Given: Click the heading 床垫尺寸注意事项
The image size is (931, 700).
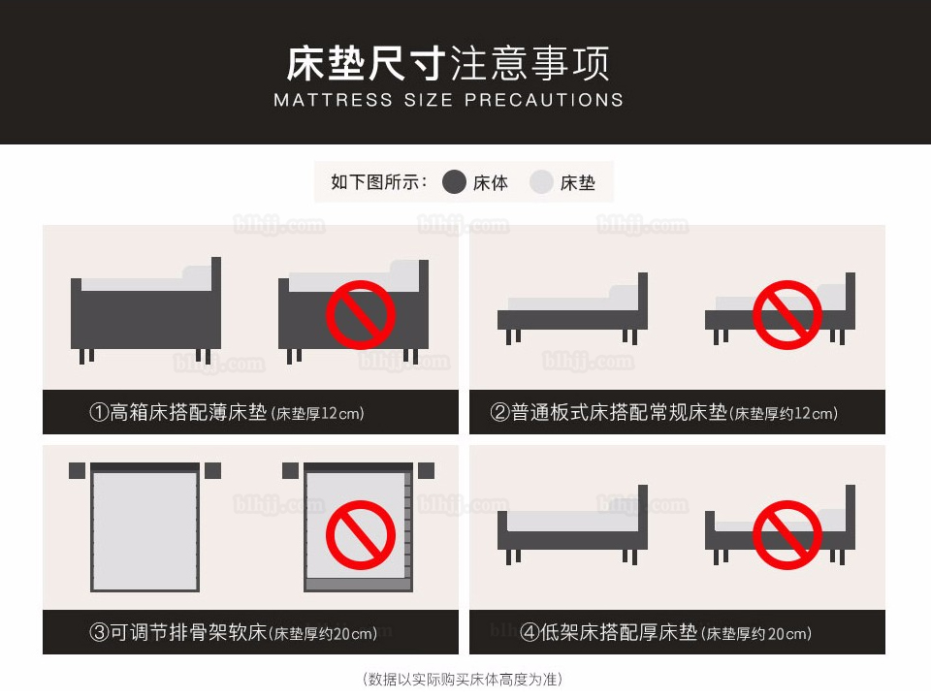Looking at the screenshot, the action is [448, 63].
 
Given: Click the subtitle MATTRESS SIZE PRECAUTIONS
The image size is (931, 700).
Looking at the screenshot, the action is [448, 100].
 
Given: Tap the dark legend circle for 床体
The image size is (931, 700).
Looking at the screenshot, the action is [454, 182].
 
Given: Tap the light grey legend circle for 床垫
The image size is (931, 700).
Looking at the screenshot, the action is [541, 182].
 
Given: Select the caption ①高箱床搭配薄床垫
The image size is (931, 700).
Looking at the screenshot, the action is [177, 412].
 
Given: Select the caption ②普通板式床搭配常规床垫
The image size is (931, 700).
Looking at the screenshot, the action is [608, 412].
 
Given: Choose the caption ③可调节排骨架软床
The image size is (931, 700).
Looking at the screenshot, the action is [177, 632].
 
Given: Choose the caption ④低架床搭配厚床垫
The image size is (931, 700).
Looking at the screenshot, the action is [608, 632].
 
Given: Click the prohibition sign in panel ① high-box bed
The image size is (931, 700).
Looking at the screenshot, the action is [361, 315].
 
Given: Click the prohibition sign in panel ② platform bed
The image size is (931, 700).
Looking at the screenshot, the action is [787, 315].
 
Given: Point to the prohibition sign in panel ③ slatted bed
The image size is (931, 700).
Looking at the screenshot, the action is [361, 534].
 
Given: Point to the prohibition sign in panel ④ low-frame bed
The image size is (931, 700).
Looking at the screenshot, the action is [787, 534].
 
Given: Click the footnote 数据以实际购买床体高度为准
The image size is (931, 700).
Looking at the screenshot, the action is [462, 679].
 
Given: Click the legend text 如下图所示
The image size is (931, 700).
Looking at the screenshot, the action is [379, 181].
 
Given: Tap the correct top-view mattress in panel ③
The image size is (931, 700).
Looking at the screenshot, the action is [144, 530].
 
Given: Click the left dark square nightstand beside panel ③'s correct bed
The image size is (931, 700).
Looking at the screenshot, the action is [78, 470].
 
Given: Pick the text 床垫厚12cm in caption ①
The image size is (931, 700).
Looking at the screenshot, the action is [317, 414].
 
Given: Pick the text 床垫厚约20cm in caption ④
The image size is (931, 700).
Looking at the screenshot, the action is [755, 633].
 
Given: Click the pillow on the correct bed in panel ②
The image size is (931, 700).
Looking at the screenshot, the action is [624, 297].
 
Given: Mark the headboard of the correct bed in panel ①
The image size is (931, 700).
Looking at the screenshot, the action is [216, 302].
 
